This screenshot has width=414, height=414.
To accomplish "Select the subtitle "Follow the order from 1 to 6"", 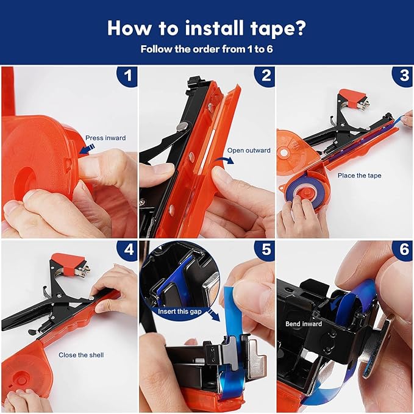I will (207, 48).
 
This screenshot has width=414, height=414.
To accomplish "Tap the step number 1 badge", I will (127, 76).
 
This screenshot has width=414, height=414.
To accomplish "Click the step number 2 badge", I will (265, 76).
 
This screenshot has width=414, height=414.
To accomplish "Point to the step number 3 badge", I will (403, 76).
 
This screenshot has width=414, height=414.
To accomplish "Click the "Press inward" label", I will (105, 138).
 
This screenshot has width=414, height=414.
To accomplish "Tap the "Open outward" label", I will (249, 151).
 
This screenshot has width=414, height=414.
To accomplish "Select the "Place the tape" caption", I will (359, 176).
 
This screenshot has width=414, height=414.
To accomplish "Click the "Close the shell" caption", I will (82, 355).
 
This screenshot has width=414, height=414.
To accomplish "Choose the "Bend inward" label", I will (303, 324).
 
